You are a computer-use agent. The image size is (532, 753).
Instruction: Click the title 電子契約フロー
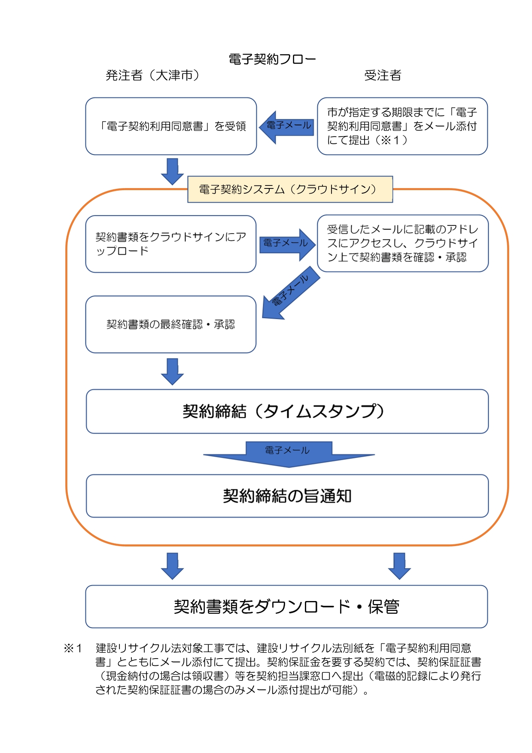click(272, 59)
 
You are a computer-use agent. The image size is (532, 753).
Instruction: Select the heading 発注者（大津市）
click(152, 76)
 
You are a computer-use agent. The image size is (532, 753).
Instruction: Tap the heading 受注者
click(383, 76)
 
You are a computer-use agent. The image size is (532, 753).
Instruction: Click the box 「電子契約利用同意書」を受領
click(171, 126)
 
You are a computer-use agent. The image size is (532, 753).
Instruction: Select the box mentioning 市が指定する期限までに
click(402, 126)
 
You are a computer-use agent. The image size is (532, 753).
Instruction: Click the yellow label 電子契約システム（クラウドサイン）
click(290, 189)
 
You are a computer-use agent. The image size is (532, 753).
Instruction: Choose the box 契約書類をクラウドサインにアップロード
click(171, 244)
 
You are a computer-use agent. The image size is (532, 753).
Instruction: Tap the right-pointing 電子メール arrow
click(287, 244)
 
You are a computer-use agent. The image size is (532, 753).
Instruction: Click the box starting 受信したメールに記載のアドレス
click(402, 243)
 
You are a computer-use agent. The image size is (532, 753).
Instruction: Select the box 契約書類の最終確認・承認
click(171, 325)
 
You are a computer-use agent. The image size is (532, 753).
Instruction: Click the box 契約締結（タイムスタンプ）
click(287, 411)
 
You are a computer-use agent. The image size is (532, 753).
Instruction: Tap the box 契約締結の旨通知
click(287, 496)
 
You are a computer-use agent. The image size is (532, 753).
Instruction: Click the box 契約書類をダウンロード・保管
click(286, 607)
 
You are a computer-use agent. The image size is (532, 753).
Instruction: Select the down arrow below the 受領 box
click(172, 171)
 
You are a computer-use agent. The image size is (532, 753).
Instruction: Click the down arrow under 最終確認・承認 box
click(172, 371)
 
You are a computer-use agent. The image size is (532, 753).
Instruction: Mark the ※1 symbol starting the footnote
click(73, 648)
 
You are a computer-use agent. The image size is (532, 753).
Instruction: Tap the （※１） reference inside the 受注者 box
click(391, 140)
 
